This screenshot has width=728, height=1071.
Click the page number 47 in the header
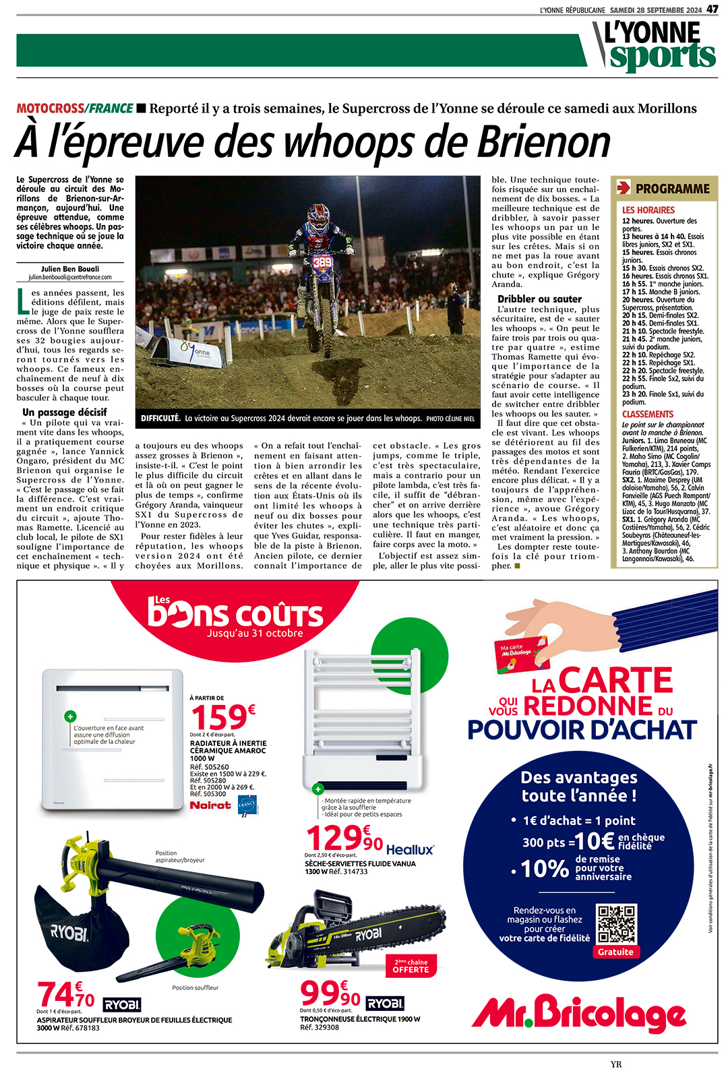(712, 9)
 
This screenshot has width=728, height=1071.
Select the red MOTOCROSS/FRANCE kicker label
(75, 109)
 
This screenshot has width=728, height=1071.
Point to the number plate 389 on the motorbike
(322, 262)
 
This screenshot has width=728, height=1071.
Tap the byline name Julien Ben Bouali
(70, 269)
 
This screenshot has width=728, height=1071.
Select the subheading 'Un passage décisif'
(65, 412)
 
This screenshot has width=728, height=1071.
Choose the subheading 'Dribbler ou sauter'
(539, 299)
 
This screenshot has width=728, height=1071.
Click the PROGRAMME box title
(672, 189)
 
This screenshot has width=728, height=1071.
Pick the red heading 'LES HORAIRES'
(648, 210)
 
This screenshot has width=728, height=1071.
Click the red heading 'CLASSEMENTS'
(647, 414)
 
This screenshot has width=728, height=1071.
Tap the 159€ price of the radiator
(223, 717)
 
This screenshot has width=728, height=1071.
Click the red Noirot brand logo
(210, 805)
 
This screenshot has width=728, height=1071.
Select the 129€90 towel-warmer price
(344, 839)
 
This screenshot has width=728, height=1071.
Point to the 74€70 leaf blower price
(66, 995)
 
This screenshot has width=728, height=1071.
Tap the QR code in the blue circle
(616, 924)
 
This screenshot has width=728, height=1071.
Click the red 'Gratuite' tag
(615, 952)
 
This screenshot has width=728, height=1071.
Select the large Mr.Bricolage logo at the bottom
(579, 1014)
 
